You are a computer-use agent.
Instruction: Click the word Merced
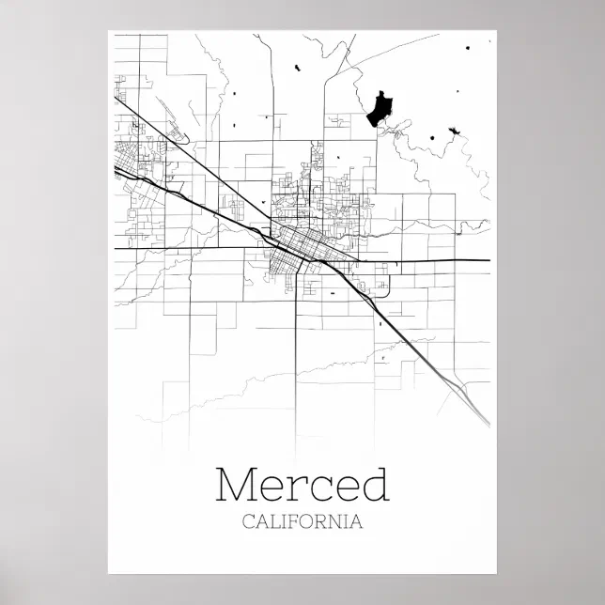[302, 484]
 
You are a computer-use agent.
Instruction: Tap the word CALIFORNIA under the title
[302, 522]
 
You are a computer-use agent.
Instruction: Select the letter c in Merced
[315, 489]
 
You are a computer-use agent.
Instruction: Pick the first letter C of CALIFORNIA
[247, 522]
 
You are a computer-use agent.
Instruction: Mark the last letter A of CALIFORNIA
[357, 522]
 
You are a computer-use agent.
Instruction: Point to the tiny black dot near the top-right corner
[466, 46]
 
